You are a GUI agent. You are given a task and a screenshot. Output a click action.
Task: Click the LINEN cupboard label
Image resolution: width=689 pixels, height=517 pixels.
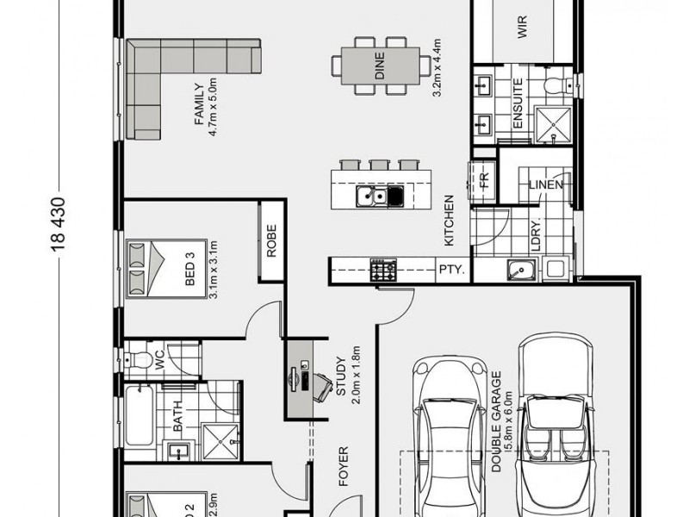pyautogui.click(x=545, y=185)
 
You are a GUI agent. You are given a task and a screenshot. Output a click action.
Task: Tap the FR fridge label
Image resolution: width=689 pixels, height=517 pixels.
pyautogui.click(x=484, y=182)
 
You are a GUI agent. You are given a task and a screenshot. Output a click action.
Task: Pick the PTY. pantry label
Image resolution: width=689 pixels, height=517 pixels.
pyautogui.click(x=451, y=270)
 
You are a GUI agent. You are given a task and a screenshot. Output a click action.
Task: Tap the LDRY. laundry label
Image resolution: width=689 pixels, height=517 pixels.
pyautogui.click(x=534, y=235)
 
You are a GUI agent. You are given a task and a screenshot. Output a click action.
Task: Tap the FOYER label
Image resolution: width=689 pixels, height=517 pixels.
pyautogui.click(x=344, y=466)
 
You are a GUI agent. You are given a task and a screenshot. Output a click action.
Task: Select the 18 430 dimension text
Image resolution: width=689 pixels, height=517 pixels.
pyautogui.click(x=59, y=229)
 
